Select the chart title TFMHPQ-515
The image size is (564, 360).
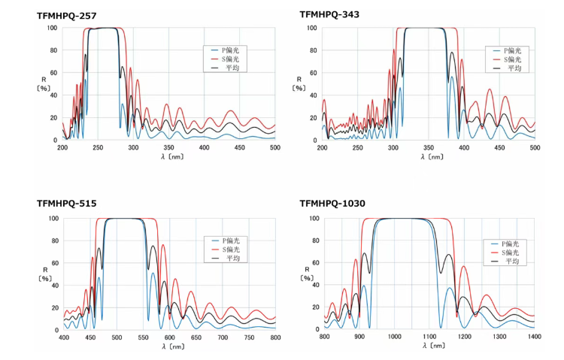pyautogui.click(x=67, y=204)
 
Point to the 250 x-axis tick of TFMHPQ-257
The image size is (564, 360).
pyautogui.click(x=98, y=147)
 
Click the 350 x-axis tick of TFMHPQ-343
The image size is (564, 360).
pyautogui.click(x=429, y=147)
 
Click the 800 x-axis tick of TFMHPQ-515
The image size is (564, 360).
pyautogui.click(x=276, y=337)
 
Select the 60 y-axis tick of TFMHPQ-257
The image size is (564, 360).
pyautogui.click(x=51, y=73)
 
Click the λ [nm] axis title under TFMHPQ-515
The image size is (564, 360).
pyautogui.click(x=169, y=346)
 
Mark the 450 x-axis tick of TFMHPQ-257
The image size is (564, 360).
pyautogui.click(x=240, y=147)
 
